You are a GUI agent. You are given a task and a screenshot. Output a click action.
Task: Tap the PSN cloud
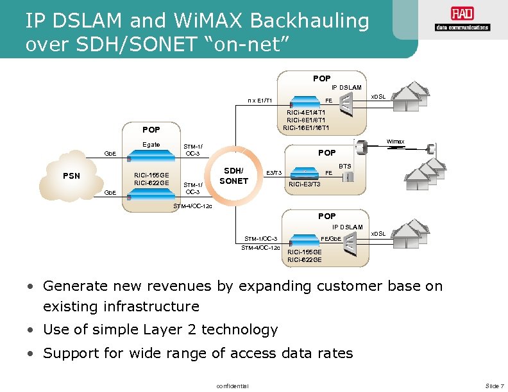tap(72, 175)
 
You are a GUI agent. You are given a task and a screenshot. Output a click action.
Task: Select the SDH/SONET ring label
tap(233, 176)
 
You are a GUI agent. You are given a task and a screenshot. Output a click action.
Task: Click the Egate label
tap(151, 144)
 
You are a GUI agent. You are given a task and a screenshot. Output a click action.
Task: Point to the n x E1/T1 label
tap(260, 100)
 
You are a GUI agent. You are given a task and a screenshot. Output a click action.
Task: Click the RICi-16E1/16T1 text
tap(307, 127)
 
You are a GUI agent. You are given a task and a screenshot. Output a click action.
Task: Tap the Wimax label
tap(395, 142)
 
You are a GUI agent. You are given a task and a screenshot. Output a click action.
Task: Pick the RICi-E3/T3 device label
tap(305, 184)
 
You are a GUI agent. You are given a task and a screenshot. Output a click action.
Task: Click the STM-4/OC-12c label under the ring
tap(193, 206)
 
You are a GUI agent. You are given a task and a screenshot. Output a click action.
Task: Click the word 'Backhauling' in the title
tap(310, 21)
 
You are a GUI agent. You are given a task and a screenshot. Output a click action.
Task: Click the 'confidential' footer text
tap(233, 385)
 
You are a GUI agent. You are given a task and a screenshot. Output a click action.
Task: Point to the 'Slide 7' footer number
tap(495, 385)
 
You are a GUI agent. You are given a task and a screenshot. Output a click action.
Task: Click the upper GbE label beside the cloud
tap(110, 153)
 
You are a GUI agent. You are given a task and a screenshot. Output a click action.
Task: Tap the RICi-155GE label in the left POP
tap(151, 175)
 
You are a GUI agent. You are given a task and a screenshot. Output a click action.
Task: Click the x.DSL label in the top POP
tap(378, 97)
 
